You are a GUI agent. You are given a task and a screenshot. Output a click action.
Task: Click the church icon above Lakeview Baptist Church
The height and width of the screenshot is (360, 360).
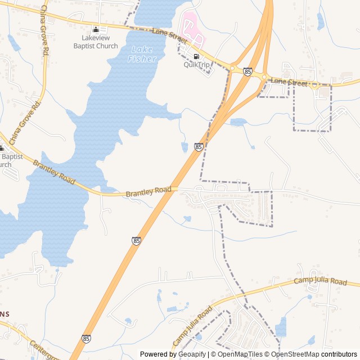(96, 30)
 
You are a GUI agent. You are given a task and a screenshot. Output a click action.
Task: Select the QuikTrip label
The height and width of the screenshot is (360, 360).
(196, 65)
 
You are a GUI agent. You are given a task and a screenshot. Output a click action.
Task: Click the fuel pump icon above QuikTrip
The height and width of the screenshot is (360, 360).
(196, 56)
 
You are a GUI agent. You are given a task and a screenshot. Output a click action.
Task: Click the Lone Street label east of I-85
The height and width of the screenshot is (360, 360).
(289, 82)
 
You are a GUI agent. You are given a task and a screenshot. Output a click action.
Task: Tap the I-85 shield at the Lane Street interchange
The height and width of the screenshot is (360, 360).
(247, 71)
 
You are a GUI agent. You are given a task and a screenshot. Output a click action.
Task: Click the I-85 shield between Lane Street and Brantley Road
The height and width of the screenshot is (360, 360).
(199, 147)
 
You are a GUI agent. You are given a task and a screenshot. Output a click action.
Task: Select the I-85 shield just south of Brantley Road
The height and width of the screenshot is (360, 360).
(137, 241)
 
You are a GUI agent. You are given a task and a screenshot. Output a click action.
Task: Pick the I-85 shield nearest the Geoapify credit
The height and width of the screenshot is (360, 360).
(85, 339)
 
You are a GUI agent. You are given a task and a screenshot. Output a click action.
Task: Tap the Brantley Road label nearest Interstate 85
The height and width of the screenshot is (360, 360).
(148, 192)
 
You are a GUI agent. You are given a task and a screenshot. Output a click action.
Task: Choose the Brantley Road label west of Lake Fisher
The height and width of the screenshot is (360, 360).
(54, 172)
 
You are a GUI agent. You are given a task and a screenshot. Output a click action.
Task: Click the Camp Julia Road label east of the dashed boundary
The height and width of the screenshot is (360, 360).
(321, 281)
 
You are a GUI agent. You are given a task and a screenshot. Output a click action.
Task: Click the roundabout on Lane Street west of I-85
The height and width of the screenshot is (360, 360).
(232, 69)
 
